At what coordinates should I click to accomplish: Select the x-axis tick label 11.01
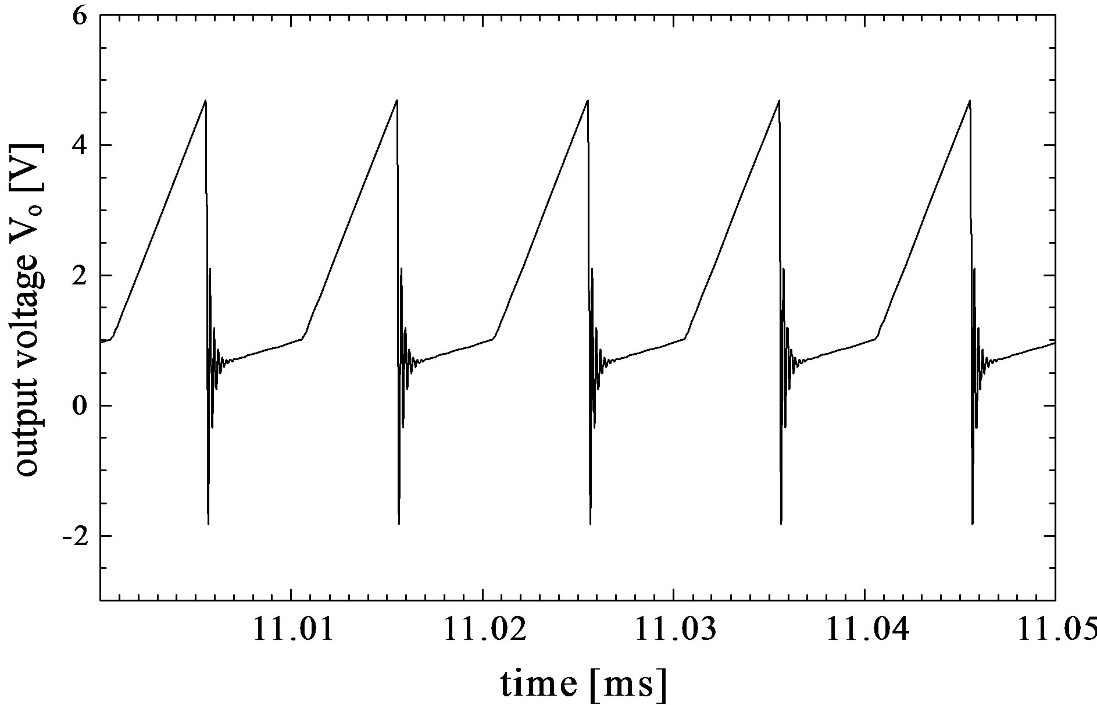[x=292, y=630]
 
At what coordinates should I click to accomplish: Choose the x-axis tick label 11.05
[x=1055, y=630]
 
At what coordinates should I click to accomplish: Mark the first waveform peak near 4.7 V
[x=206, y=101]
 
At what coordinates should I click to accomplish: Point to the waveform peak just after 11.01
[x=397, y=101]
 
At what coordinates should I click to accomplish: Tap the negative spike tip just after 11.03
[x=781, y=524]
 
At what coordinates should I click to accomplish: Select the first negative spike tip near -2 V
[x=208, y=524]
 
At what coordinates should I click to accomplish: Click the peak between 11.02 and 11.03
[x=588, y=101]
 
